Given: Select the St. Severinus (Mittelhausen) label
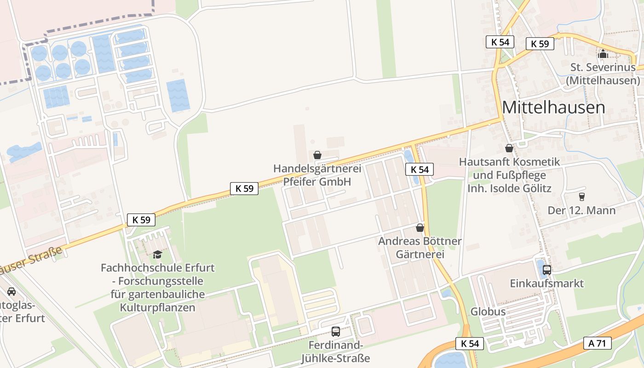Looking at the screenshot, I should [x=603, y=74].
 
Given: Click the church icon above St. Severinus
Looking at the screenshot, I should [x=603, y=54].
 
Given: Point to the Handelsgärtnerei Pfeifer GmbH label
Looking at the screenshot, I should [x=317, y=175].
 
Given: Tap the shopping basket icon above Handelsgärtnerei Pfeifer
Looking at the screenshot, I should [x=317, y=155].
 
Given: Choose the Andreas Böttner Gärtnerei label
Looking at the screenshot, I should [x=420, y=247].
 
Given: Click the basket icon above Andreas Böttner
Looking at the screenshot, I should [x=420, y=227].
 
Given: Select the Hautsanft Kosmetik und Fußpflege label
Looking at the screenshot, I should [x=509, y=175].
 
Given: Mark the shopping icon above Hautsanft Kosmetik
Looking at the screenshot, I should [x=509, y=148].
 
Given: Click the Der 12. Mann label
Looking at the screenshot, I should [x=581, y=211].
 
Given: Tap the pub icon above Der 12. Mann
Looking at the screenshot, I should [x=581, y=196].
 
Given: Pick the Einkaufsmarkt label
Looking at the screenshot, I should [x=546, y=283].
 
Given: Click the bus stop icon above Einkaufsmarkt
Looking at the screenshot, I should [x=546, y=270].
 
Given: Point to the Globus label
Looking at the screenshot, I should [x=488, y=311].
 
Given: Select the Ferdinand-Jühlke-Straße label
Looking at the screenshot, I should [x=336, y=351].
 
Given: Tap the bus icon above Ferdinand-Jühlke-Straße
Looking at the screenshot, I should [x=336, y=331].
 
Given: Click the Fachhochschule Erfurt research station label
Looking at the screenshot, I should [x=158, y=287].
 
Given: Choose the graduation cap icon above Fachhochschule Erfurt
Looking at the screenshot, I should [x=158, y=254].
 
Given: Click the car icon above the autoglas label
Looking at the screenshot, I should [x=11, y=291].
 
